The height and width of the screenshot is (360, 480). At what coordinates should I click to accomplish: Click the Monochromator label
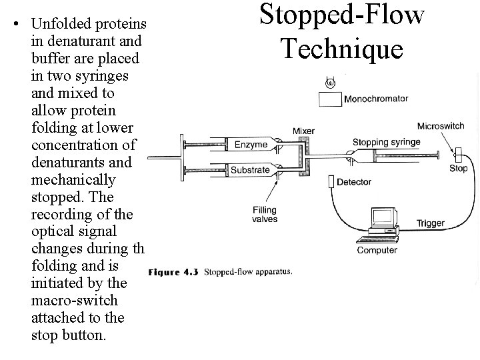[376, 99]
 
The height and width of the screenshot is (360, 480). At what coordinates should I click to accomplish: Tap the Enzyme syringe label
[251, 144]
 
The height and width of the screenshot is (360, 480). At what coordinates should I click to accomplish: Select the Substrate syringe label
[250, 169]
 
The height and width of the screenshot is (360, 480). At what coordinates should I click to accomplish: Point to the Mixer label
[303, 131]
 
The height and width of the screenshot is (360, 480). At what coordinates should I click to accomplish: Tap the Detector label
[355, 182]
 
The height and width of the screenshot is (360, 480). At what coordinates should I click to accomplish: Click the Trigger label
[430, 223]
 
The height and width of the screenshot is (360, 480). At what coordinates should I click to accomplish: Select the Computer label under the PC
[377, 250]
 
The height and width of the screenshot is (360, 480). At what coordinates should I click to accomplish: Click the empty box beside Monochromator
[329, 99]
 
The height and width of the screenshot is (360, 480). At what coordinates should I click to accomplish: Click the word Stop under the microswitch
[458, 169]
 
